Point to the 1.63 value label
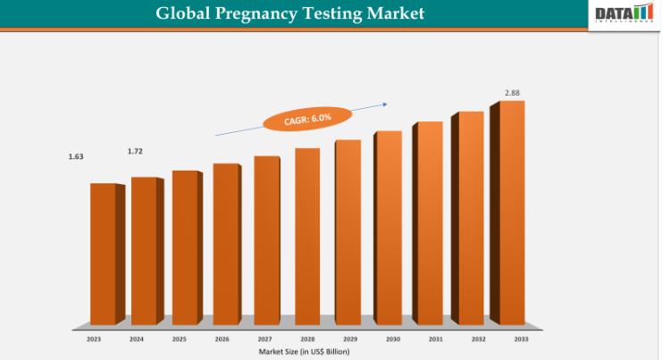pos(76,157)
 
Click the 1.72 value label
pos(135,152)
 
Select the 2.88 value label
pos(512,93)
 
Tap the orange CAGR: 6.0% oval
pos(295,119)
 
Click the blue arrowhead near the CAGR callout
pos(384,104)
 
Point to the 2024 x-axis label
pos(136,339)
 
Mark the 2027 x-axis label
pos(266,339)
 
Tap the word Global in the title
pos(182,13)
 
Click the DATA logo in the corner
pos(624,14)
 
